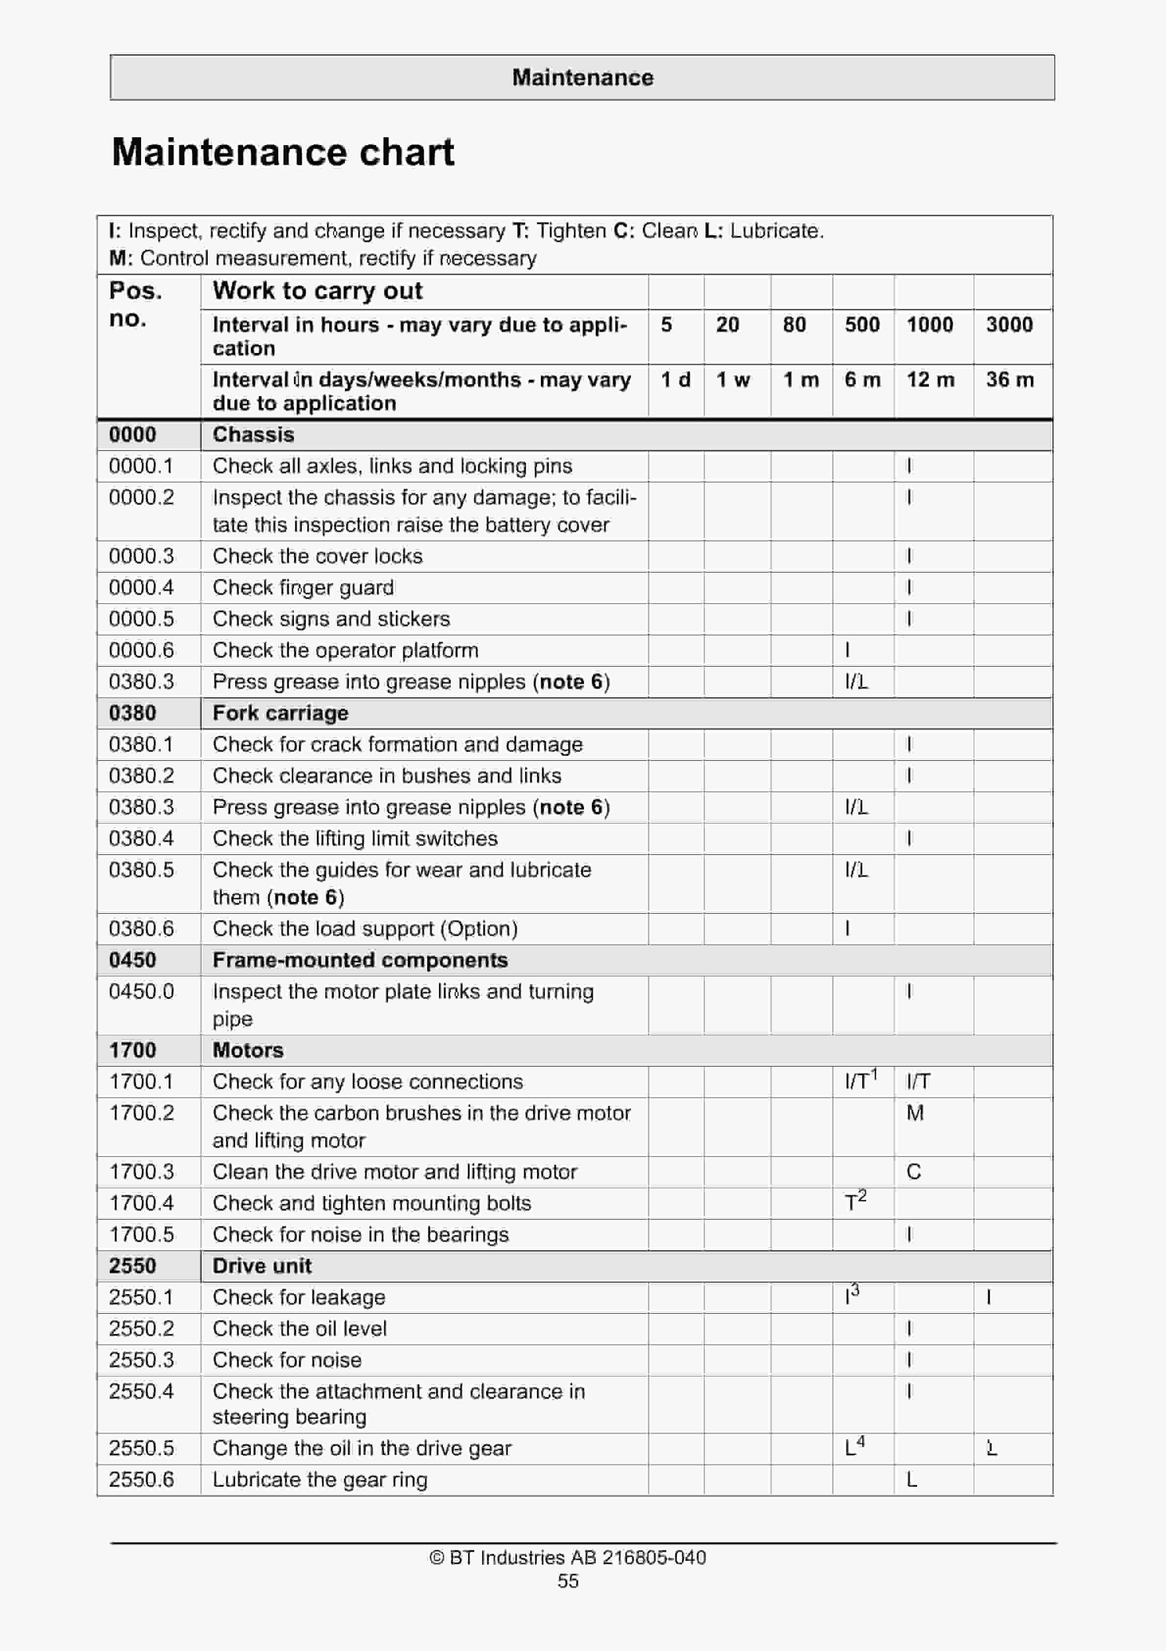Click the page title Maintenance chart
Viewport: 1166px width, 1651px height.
(x=283, y=152)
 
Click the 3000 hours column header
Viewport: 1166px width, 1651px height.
(x=1009, y=325)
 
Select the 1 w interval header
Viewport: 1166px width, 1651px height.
(x=732, y=380)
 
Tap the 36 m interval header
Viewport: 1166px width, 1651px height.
(x=1009, y=380)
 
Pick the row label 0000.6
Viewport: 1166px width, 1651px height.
(x=141, y=650)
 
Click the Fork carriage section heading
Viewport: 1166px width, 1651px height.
(x=280, y=713)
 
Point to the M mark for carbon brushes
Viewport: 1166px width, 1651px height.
(x=914, y=1113)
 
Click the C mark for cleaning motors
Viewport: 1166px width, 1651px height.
(x=913, y=1172)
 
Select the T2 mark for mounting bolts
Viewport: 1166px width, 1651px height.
(x=855, y=1201)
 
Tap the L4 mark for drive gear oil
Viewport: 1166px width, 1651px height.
(x=854, y=1446)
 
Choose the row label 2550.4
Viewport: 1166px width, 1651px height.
(x=141, y=1391)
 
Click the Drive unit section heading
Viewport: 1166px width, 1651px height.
(x=262, y=1266)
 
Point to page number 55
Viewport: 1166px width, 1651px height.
(x=568, y=1581)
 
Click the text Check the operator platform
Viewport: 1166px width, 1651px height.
(x=345, y=650)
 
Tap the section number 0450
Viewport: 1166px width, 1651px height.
(x=132, y=960)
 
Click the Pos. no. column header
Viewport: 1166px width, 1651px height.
(x=135, y=304)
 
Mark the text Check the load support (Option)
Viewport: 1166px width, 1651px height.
(x=364, y=928)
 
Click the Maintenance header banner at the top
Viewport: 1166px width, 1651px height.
(x=583, y=77)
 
